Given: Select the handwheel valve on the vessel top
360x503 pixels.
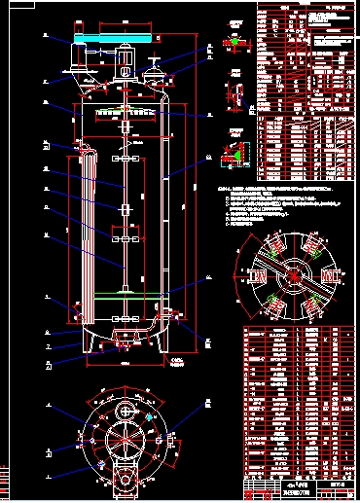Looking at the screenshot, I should point(156,68).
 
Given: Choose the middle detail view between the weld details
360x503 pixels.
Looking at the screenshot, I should point(233,95).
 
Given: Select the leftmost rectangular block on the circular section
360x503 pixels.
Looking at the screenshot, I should point(259,277).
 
